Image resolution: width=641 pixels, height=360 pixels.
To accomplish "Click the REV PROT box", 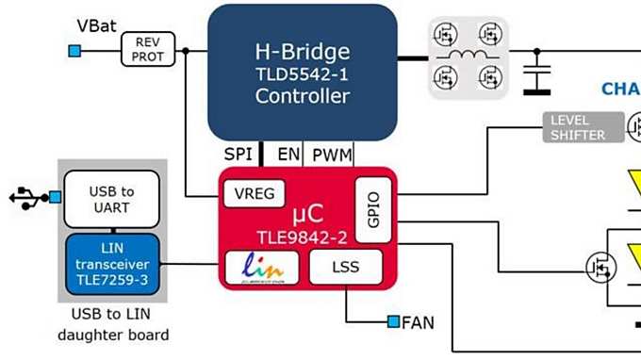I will pyautogui.click(x=149, y=49).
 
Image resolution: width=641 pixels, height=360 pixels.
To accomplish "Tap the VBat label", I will pyautogui.click(x=97, y=25).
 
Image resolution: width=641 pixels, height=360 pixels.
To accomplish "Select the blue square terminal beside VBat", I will pyautogui.click(x=74, y=50).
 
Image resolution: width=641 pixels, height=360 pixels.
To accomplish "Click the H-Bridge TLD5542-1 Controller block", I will pyautogui.click(x=302, y=73).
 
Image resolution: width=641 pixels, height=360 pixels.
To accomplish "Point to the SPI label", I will pyautogui.click(x=238, y=154).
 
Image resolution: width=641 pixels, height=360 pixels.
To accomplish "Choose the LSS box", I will pyautogui.click(x=346, y=267).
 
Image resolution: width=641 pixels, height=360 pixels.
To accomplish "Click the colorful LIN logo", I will pyautogui.click(x=260, y=267).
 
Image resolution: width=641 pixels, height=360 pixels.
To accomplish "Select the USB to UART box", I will pyautogui.click(x=111, y=199).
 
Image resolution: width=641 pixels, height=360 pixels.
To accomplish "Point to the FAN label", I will pyautogui.click(x=418, y=322).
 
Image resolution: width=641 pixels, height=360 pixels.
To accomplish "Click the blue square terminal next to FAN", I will pyautogui.click(x=392, y=322).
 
